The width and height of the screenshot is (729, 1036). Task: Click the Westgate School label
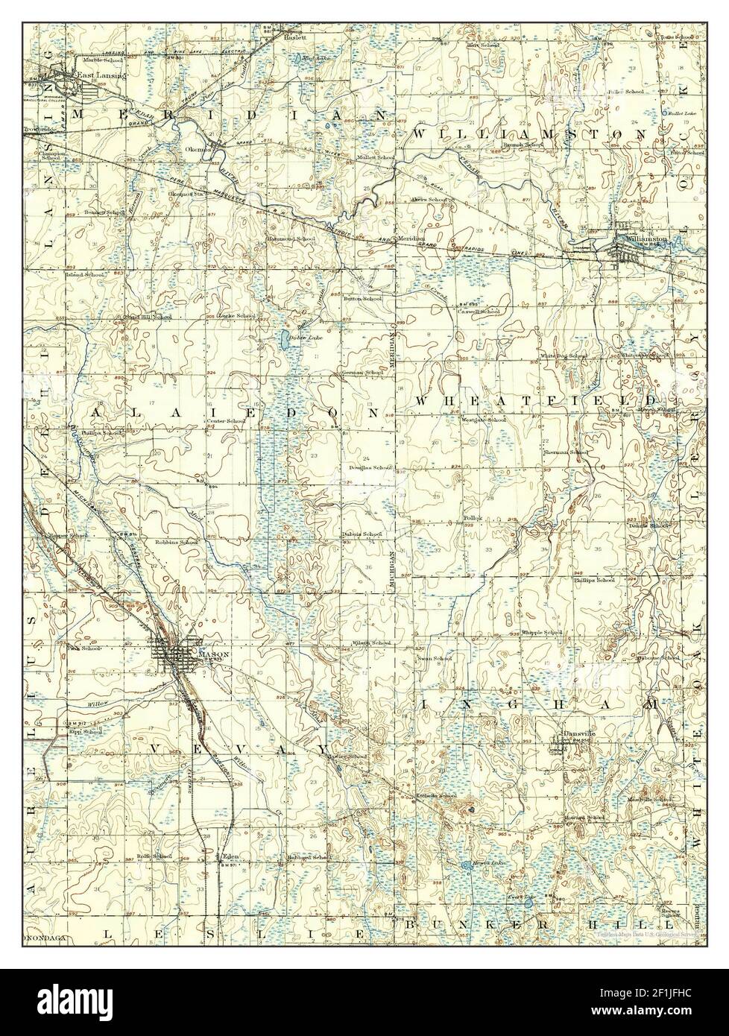(x=485, y=420)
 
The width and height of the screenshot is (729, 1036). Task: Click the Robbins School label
(x=177, y=542)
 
